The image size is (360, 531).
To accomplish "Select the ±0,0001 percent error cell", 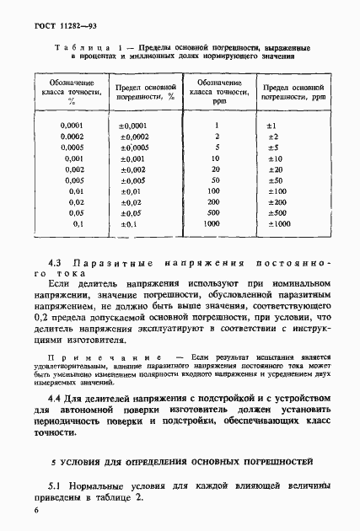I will pyautogui.click(x=134, y=125).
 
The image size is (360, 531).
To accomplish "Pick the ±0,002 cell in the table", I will pyautogui.click(x=134, y=169).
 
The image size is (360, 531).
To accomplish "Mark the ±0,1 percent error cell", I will pyautogui.click(x=129, y=224).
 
